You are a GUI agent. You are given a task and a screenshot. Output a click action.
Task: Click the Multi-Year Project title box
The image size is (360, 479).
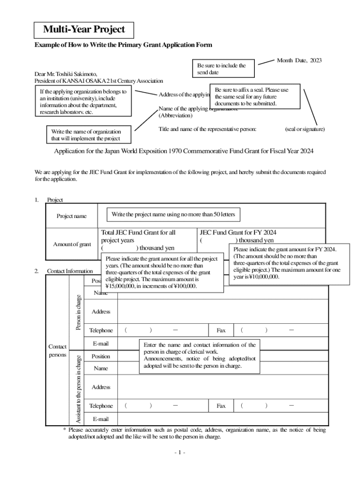[x=84, y=30]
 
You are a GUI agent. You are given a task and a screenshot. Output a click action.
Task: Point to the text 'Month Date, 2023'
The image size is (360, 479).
[x=299, y=61]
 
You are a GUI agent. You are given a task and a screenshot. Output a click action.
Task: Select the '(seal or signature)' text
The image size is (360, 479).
[x=305, y=129]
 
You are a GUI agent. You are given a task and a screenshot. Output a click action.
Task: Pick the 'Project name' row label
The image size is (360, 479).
[x=72, y=216]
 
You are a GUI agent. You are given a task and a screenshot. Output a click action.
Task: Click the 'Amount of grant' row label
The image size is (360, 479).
[x=72, y=244]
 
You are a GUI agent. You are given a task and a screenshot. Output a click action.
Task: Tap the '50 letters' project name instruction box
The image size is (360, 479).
[x=173, y=215]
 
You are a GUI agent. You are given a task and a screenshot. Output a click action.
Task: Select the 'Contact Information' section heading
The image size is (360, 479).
[x=70, y=271]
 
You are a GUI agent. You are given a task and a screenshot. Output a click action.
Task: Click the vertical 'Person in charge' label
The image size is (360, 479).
[x=79, y=312]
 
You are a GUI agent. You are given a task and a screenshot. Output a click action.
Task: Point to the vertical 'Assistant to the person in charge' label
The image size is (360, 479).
[x=79, y=389]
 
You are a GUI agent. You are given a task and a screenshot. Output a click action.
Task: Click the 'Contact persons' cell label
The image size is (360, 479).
[x=58, y=351]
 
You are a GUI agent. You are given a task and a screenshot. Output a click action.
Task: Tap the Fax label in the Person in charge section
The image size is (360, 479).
[x=221, y=330]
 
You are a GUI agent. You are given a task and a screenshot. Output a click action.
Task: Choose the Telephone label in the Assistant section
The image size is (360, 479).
[x=101, y=406]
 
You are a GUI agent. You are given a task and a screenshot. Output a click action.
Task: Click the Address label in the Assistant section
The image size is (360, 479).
[x=101, y=387]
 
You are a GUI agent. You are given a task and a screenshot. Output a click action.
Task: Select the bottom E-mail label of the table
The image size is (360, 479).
[x=101, y=419]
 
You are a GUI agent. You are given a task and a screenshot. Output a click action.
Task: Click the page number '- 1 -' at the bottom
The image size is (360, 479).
[x=180, y=453]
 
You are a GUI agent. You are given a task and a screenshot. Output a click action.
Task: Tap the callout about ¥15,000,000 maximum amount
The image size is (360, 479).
[x=162, y=273]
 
